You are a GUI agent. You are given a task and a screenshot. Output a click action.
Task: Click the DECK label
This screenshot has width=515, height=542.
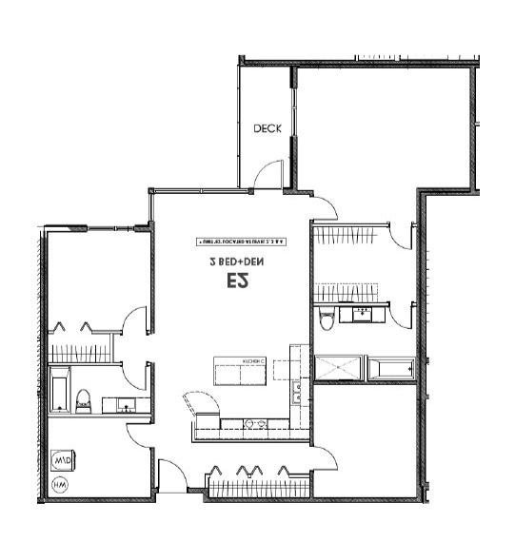click(x=267, y=128)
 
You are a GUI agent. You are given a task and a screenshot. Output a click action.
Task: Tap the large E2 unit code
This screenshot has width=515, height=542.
click(x=238, y=281)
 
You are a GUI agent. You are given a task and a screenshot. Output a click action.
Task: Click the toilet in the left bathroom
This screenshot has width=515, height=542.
click(x=83, y=400)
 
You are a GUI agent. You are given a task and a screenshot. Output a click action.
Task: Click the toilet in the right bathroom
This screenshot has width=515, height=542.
click(x=327, y=319)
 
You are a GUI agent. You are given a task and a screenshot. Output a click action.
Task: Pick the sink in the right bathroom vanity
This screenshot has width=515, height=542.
click(x=362, y=313)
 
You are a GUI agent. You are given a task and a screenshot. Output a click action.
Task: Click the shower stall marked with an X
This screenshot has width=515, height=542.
click(x=338, y=369)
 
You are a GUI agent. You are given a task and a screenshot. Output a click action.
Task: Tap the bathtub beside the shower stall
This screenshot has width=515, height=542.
click(x=391, y=368)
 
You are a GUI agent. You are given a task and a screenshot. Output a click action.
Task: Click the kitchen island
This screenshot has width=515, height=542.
click(x=241, y=370)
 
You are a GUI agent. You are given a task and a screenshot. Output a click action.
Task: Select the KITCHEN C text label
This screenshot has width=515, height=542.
click(x=252, y=362)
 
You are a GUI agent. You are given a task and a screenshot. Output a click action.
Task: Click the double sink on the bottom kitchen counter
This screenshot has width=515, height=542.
click(x=253, y=422)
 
